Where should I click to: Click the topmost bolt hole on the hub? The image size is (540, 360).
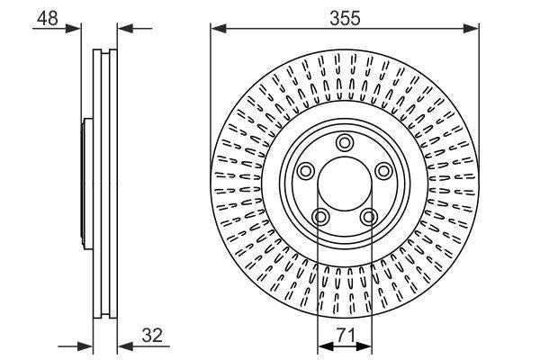point(344,142)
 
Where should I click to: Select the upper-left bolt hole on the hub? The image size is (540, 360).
point(304,171)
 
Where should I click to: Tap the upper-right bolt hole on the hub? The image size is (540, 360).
point(383,171)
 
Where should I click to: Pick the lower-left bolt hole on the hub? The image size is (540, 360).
point(319,217)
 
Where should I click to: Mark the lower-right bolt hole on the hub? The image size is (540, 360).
point(368,217)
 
